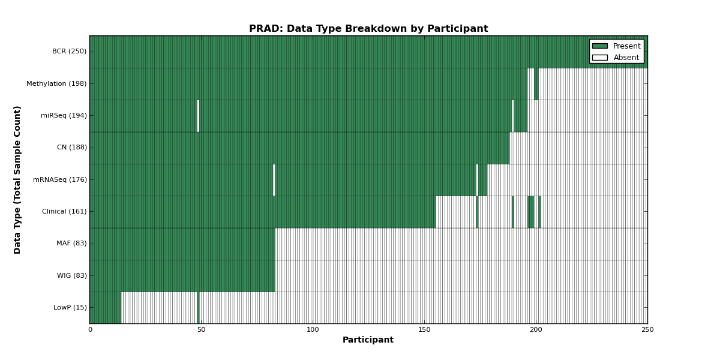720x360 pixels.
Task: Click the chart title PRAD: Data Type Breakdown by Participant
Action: click(x=368, y=29)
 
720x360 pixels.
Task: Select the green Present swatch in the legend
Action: click(x=600, y=46)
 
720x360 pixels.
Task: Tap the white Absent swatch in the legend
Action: click(x=600, y=58)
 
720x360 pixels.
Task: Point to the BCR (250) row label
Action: click(x=69, y=52)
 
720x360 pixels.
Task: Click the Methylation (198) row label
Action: click(x=56, y=83)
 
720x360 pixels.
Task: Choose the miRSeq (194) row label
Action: click(x=64, y=115)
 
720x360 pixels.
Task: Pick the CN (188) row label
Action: click(x=71, y=147)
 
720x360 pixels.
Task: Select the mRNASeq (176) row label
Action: click(x=60, y=179)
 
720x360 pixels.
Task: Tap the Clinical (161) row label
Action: click(x=64, y=211)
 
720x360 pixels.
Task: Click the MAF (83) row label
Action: click(x=71, y=244)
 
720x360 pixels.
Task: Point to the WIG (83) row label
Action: click(x=71, y=275)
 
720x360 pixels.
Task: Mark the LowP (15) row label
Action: click(x=70, y=307)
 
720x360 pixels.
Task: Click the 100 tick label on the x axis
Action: click(x=313, y=330)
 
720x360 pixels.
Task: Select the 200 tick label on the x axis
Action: click(x=536, y=330)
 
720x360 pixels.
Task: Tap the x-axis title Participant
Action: click(x=368, y=340)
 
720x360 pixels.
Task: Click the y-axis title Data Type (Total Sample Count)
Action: click(x=17, y=180)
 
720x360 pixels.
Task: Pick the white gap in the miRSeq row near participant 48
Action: click(x=198, y=116)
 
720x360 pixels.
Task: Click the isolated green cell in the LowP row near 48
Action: click(x=198, y=308)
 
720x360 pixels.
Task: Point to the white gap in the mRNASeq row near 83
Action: click(x=274, y=180)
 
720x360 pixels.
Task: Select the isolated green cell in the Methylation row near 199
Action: click(x=536, y=84)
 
